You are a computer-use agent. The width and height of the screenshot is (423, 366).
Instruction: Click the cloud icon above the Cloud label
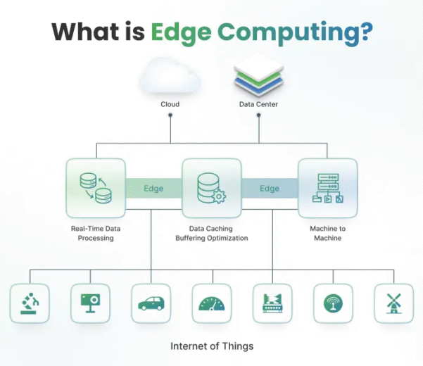click(170, 76)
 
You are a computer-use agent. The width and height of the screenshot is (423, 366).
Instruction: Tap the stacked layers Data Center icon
click(259, 74)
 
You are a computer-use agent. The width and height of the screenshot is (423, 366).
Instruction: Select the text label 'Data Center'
click(258, 104)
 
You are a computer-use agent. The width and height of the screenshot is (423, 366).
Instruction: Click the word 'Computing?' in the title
click(295, 33)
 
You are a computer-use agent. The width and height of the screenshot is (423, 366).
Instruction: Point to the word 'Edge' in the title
click(181, 33)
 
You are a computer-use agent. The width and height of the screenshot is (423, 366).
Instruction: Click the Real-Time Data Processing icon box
click(96, 188)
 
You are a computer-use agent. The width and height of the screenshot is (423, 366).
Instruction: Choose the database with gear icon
click(211, 188)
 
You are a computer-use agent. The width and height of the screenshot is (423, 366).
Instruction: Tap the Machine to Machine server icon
click(328, 188)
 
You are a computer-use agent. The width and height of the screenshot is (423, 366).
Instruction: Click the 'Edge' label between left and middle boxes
click(153, 188)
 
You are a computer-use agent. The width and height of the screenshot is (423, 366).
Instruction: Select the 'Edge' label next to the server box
click(270, 188)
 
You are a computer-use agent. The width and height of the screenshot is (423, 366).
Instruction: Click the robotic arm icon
click(30, 303)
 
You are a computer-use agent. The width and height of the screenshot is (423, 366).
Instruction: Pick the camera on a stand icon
click(90, 303)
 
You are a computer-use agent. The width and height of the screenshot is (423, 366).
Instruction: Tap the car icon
click(151, 303)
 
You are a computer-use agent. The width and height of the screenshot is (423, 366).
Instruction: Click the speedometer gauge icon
click(212, 303)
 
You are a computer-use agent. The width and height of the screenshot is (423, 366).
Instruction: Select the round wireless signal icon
click(333, 303)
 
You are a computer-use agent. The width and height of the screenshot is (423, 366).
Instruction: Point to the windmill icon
click(394, 303)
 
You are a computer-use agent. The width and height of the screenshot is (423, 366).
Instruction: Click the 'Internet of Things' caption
click(212, 346)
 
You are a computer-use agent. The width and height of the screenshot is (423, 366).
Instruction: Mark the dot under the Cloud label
click(170, 115)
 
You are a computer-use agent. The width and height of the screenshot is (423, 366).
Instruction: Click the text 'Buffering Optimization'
click(212, 238)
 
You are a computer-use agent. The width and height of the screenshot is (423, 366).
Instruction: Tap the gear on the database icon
click(219, 196)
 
